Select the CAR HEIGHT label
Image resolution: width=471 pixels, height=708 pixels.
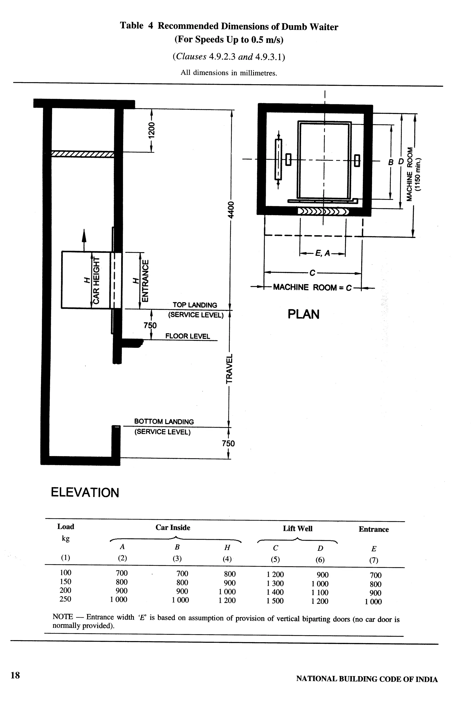tap(96, 280)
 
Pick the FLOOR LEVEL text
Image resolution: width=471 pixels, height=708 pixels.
tap(187, 336)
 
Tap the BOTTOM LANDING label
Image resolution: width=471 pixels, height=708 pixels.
tap(164, 421)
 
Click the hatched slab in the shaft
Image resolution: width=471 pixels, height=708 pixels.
tap(83, 154)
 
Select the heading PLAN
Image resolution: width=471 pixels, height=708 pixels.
tap(303, 314)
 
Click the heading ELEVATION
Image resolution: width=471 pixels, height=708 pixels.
tap(85, 493)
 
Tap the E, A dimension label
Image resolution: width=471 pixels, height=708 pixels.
tap(322, 254)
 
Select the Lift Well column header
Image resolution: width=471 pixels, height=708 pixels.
tap(297, 529)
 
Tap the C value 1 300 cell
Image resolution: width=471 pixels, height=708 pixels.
tap(275, 583)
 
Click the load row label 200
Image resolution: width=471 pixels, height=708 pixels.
tap(66, 590)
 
